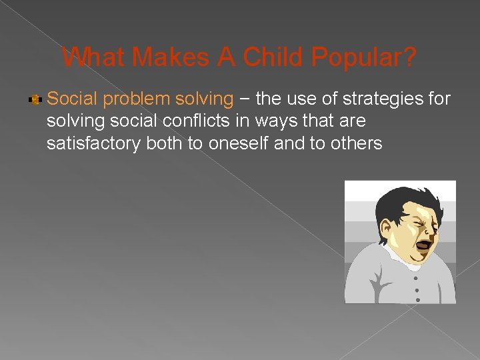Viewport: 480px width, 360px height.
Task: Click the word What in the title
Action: [x=94, y=57]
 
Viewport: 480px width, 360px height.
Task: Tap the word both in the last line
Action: [x=173, y=143]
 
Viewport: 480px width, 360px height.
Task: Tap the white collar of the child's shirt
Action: [x=400, y=255]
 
